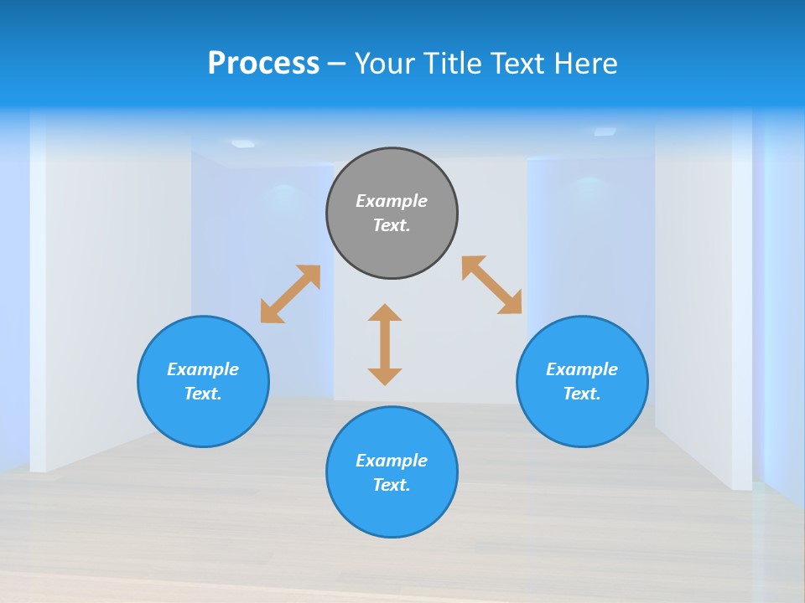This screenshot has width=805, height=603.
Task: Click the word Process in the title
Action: pyautogui.click(x=263, y=64)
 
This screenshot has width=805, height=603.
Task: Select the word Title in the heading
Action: pyautogui.click(x=458, y=64)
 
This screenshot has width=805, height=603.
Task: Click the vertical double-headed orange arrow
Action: pyautogui.click(x=385, y=344)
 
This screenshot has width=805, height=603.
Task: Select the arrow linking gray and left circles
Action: pyautogui.click(x=290, y=294)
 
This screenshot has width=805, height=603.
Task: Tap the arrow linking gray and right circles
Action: pyautogui.click(x=492, y=285)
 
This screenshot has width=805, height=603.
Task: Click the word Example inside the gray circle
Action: pyautogui.click(x=392, y=201)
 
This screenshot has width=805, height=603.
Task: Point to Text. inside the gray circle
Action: pyautogui.click(x=392, y=225)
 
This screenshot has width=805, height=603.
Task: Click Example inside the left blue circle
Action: pyautogui.click(x=203, y=369)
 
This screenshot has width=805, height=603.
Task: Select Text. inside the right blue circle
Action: pyautogui.click(x=582, y=394)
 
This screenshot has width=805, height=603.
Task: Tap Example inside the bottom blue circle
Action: pyautogui.click(x=392, y=461)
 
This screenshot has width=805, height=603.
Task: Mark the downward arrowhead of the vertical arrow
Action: pyautogui.click(x=385, y=375)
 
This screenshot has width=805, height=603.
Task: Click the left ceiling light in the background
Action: pyautogui.click(x=243, y=143)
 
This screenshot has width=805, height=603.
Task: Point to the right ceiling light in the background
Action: pyautogui.click(x=605, y=131)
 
